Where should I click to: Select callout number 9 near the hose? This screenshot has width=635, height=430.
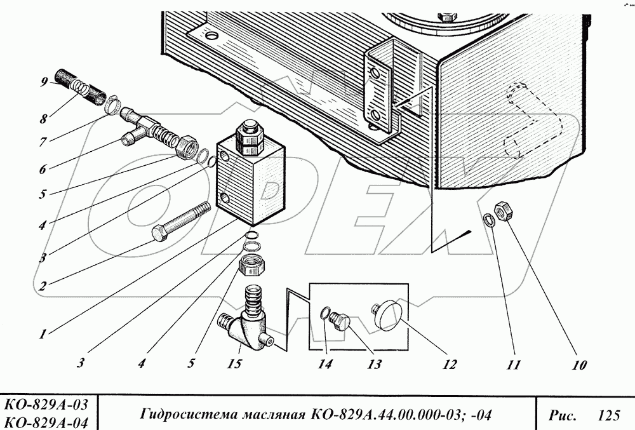43,81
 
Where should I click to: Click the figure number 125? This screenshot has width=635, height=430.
608,416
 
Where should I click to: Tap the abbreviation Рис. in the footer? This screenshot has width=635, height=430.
561,416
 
